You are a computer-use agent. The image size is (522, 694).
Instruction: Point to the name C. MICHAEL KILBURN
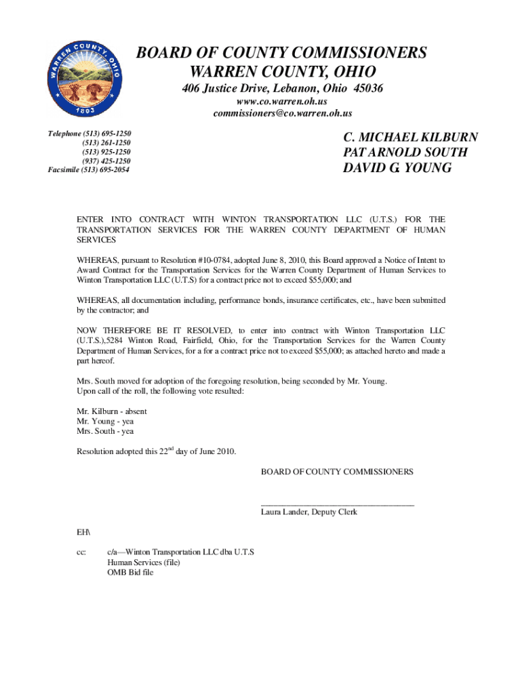tap(411, 138)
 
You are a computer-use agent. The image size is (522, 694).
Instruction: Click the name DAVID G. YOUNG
tap(397, 167)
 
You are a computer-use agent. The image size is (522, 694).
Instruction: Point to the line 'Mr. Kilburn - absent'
tap(112, 411)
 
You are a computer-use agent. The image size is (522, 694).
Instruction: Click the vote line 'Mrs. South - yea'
tap(105, 431)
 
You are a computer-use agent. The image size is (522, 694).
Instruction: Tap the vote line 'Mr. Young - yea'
tap(105, 421)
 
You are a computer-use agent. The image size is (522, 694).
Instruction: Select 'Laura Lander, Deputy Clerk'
tap(309, 512)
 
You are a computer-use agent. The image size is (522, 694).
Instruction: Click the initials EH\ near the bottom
tap(83, 533)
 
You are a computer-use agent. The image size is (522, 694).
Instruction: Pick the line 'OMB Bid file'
tap(130, 573)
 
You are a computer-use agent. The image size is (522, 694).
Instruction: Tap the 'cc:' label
tap(81, 552)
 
